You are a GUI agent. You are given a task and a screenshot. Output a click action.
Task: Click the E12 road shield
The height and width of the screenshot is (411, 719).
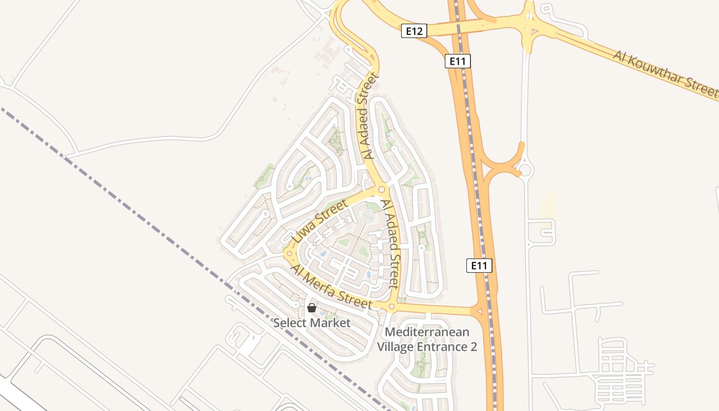click(414, 31)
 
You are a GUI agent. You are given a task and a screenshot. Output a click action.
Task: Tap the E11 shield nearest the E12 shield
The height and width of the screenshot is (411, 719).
click(458, 62)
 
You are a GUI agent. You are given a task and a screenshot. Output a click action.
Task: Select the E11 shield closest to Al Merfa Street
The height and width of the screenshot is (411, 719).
click(479, 266)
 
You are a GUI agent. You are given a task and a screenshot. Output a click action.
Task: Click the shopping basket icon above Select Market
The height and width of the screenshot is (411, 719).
click(311, 308)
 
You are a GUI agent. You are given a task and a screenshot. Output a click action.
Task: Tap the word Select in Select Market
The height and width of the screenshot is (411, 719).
click(290, 323)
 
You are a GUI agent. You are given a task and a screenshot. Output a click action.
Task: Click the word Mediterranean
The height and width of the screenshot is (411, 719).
click(427, 332)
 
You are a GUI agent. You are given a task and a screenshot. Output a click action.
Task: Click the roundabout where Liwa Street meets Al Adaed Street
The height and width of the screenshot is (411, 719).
click(382, 190)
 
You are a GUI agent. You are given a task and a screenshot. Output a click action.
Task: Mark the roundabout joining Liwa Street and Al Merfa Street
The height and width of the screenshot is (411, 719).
click(289, 254)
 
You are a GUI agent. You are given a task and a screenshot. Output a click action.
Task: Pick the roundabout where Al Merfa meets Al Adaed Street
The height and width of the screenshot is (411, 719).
click(391, 307)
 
